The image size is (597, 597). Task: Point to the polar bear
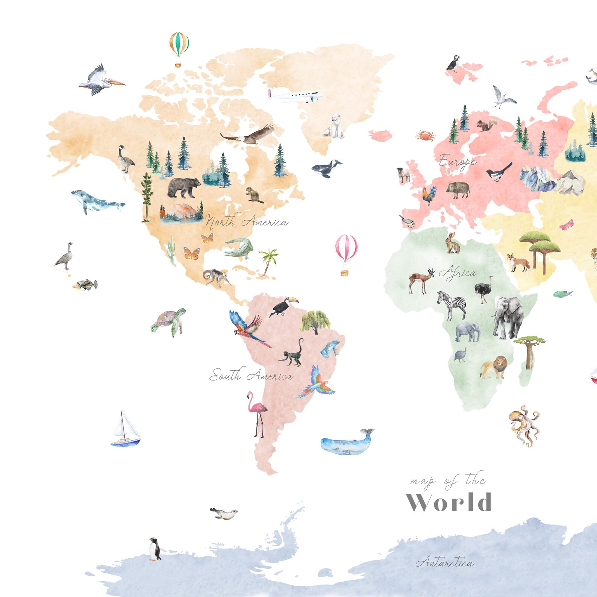pyautogui.click(x=334, y=127)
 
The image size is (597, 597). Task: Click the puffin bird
pyautogui.click(x=453, y=63)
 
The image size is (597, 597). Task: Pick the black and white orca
pyautogui.click(x=326, y=168)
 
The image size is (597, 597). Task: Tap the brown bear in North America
pyautogui.click(x=183, y=187)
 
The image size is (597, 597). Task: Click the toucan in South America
pyautogui.click(x=283, y=306)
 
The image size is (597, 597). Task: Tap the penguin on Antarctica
pyautogui.click(x=154, y=549)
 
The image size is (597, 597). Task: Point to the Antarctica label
pyautogui.click(x=444, y=562)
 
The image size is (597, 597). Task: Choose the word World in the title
pyautogui.click(x=449, y=502)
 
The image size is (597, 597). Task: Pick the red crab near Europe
pyautogui.click(x=426, y=135)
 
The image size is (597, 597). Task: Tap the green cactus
pyautogui.click(x=171, y=250)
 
